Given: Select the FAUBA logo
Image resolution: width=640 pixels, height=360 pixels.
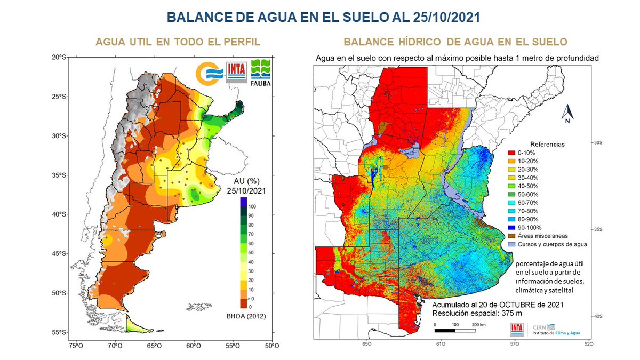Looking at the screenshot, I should [261, 71].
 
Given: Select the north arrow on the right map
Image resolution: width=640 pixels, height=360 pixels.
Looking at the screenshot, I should [569, 114].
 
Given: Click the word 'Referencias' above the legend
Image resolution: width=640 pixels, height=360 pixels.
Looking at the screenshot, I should [547, 144].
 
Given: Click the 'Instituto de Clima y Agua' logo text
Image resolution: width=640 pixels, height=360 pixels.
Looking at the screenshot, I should [556, 333].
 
